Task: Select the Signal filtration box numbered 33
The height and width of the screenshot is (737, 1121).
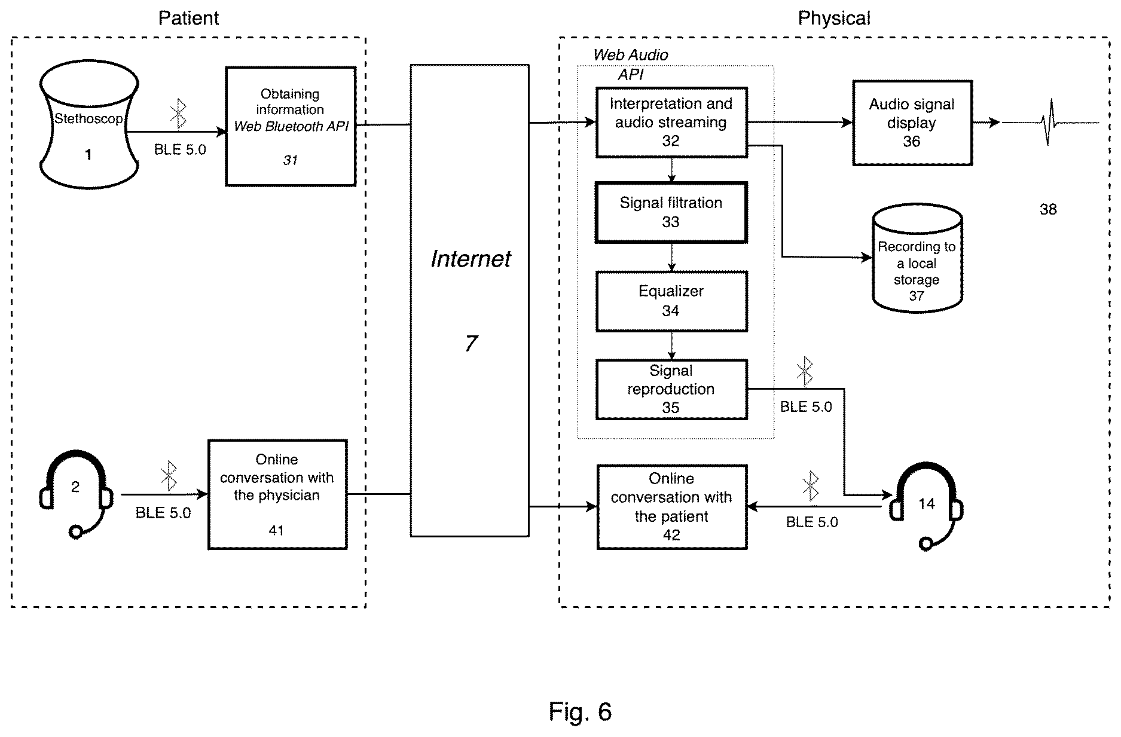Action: pos(671,212)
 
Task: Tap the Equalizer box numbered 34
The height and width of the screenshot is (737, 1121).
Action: pos(671,301)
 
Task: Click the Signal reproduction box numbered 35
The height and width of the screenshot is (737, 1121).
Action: pos(671,389)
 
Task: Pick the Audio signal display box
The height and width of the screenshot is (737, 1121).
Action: pos(912,123)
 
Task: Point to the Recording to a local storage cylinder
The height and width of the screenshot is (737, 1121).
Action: pos(917,258)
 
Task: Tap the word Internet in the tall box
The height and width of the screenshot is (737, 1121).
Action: pos(471,259)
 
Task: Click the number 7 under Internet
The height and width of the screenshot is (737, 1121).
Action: pos(471,343)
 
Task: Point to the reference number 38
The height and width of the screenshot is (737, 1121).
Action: pos(1048,209)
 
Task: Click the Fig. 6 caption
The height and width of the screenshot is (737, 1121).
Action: pos(580,711)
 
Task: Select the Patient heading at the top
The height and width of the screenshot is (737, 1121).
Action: pos(188,18)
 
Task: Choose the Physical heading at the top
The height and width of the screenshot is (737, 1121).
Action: pos(834,18)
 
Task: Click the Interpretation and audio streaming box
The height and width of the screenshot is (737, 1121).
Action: pos(671,123)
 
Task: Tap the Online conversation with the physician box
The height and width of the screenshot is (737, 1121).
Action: pos(277,494)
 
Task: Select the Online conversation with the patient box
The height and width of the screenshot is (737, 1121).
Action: pos(672,507)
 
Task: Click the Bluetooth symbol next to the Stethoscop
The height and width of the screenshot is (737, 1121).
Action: pos(178,114)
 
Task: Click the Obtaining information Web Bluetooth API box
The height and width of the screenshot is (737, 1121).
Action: pos(291,126)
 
